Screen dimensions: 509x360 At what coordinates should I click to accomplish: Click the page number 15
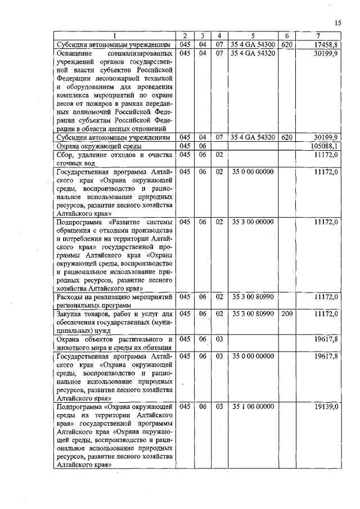(x=337, y=22)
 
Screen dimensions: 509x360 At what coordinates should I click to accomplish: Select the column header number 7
(x=318, y=36)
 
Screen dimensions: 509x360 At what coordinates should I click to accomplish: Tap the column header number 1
(x=115, y=36)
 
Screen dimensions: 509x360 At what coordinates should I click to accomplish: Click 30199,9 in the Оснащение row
(x=326, y=53)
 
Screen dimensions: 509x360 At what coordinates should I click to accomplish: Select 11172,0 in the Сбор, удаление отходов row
(x=326, y=155)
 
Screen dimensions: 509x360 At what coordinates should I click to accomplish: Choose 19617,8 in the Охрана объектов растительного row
(x=326, y=339)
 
